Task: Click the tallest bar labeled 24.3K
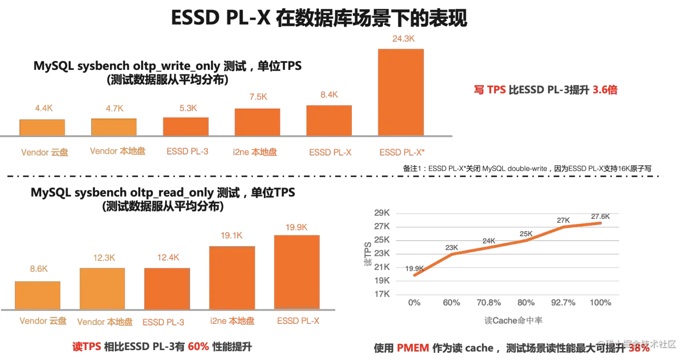(x=400, y=92)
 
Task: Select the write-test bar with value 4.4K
(x=42, y=127)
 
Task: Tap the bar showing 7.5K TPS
(x=257, y=122)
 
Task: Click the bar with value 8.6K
(x=38, y=296)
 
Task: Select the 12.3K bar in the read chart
(x=102, y=289)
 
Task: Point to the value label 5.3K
(x=186, y=107)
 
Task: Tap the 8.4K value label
(x=329, y=95)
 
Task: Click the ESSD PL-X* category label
(x=401, y=153)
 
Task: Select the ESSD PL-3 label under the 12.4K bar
(x=164, y=322)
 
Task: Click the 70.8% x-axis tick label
(x=489, y=302)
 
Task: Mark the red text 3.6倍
(x=605, y=90)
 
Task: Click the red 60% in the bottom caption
(x=198, y=347)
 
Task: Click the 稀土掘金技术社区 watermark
(x=640, y=344)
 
